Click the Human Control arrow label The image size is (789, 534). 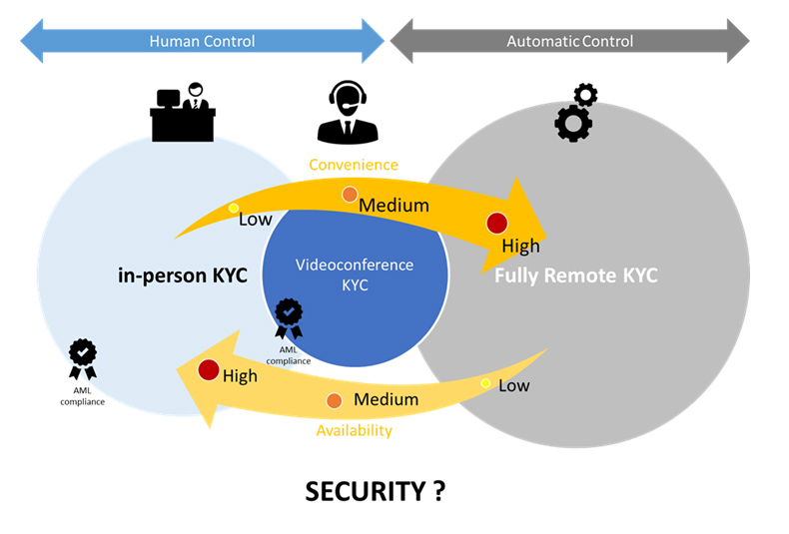(x=202, y=41)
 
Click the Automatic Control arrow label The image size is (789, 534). (x=569, y=41)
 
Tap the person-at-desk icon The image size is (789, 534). (x=182, y=112)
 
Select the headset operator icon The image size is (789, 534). (x=348, y=112)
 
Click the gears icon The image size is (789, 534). (x=574, y=112)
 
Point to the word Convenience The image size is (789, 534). (x=353, y=165)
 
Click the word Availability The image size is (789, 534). (x=354, y=430)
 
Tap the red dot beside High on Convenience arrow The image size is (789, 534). (x=496, y=223)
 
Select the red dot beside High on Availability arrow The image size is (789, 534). (x=208, y=370)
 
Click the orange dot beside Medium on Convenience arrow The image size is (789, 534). (x=350, y=195)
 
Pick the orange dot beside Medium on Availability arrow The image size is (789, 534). (x=334, y=400)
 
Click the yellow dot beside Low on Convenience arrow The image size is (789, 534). (x=234, y=209)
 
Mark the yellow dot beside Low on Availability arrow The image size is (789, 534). (x=486, y=383)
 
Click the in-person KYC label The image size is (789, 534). (x=182, y=275)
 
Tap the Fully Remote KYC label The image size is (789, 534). (x=576, y=275)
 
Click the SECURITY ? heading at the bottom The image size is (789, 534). (x=375, y=490)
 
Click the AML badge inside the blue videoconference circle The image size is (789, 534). (x=289, y=318)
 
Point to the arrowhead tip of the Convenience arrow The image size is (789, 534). (x=547, y=223)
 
